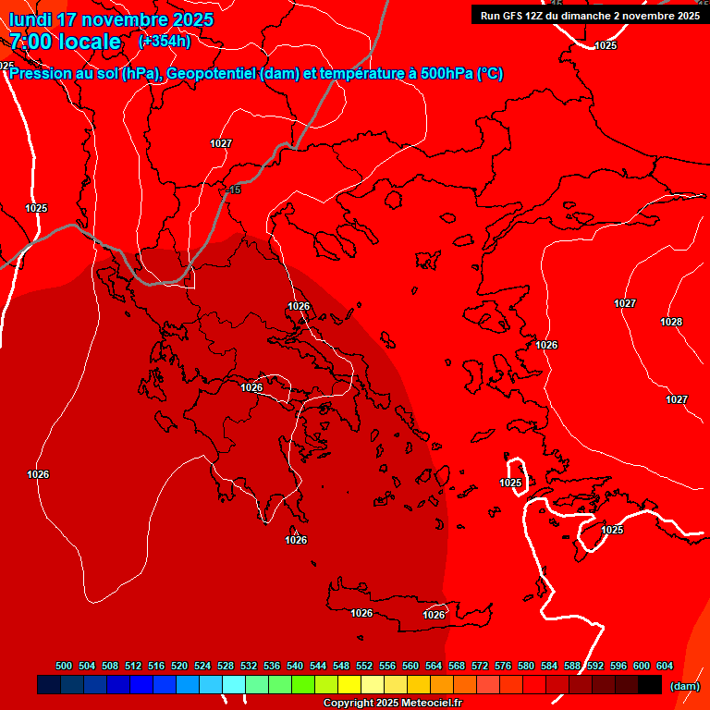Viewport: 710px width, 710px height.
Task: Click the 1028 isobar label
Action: [671, 322]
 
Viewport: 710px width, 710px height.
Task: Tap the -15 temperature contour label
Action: [234, 190]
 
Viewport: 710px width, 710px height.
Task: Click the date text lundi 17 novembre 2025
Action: [111, 19]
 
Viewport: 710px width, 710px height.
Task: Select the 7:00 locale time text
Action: [65, 42]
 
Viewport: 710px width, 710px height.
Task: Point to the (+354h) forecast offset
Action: [165, 42]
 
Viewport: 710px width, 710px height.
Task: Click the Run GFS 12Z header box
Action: [590, 15]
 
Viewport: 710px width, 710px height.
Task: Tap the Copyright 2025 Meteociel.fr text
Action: [392, 704]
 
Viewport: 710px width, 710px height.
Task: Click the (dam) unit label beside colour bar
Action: [684, 686]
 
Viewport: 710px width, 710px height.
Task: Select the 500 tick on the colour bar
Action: [64, 666]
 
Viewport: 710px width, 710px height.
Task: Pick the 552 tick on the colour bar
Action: [364, 666]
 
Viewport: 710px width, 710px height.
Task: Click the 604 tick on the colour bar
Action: [665, 666]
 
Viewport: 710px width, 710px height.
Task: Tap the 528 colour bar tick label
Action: [226, 666]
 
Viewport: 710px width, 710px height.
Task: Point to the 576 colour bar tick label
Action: [503, 666]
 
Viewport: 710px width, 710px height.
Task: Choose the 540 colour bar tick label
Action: [295, 666]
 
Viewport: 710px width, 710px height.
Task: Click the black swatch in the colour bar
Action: [650, 685]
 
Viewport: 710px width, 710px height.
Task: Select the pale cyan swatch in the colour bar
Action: [234, 685]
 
